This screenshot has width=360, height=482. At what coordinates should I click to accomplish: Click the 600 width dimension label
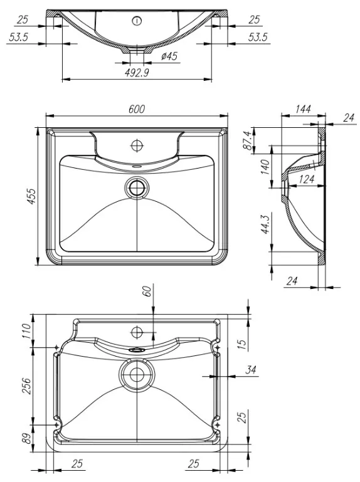[137, 109]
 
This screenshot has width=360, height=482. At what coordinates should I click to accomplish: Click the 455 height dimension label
[31, 196]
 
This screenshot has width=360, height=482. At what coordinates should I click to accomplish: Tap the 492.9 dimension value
[137, 73]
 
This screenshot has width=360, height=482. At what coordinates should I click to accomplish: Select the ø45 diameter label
[169, 56]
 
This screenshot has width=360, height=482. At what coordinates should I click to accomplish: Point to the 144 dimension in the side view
[303, 109]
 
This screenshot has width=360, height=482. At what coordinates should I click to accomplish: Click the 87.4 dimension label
[248, 140]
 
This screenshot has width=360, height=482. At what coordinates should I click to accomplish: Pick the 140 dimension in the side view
[265, 167]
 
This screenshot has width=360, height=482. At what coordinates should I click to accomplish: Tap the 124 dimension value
[306, 179]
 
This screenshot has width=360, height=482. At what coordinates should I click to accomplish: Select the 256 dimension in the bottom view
[26, 385]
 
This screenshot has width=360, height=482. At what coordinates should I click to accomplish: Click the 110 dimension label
[26, 331]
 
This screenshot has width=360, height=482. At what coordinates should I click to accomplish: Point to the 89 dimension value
[26, 438]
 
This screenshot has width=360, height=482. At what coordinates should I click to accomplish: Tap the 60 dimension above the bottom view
[147, 291]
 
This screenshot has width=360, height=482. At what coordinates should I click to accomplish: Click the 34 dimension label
[251, 370]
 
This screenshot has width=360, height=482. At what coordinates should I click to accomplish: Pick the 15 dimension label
[243, 344]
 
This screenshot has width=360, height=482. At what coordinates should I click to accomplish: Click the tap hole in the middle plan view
[137, 145]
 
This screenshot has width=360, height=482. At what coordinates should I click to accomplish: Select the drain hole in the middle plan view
[137, 188]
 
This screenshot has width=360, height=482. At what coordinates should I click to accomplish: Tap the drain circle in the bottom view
[137, 374]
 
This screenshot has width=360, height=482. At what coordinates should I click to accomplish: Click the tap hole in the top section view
[137, 21]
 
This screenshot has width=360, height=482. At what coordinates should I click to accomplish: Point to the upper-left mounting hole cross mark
[56, 347]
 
